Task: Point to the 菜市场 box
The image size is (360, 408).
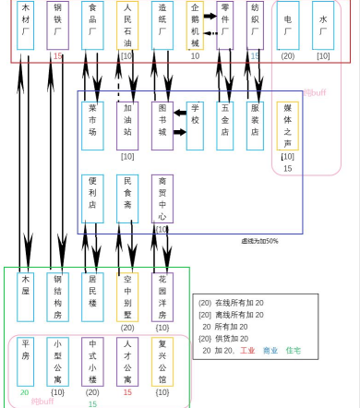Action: (91, 125)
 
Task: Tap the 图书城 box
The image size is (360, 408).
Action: (162, 125)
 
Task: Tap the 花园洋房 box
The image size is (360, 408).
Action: (162, 295)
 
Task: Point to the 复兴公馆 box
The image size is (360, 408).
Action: (162, 361)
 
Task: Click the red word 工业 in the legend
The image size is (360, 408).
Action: (247, 351)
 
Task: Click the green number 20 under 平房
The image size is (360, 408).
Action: (24, 392)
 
